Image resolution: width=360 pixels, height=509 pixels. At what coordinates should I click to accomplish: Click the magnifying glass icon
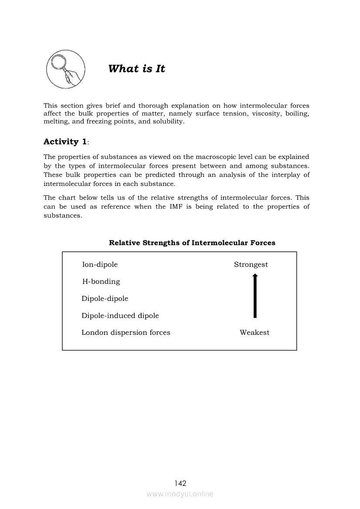(65, 69)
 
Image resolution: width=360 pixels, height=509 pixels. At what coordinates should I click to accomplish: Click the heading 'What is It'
(136, 69)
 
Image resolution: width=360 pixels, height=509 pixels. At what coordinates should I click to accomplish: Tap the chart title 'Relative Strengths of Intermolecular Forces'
(192, 243)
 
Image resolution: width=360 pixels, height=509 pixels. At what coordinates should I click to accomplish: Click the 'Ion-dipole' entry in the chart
(100, 264)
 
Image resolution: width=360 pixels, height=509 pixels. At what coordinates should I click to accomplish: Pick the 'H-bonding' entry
(101, 281)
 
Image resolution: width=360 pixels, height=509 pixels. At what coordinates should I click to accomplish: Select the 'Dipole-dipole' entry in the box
(105, 298)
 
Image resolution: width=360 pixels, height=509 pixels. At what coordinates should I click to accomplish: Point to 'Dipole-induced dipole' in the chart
(120, 316)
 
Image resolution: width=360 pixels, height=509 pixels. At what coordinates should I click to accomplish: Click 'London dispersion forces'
(126, 333)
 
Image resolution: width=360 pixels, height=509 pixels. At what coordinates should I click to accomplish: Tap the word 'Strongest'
(251, 264)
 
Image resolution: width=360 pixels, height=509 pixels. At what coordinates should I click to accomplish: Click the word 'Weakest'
(255, 333)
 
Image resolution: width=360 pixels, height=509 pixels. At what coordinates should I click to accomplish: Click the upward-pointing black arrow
(255, 296)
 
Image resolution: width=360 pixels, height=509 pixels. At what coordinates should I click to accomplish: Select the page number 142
(180, 483)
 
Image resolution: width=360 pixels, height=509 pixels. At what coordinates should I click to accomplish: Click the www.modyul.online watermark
(180, 494)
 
